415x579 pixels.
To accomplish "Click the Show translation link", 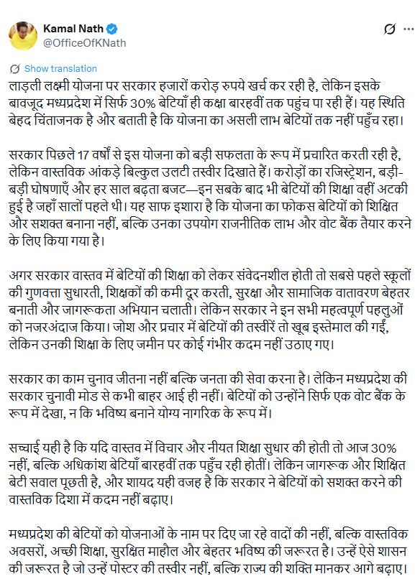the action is click(60, 69).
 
